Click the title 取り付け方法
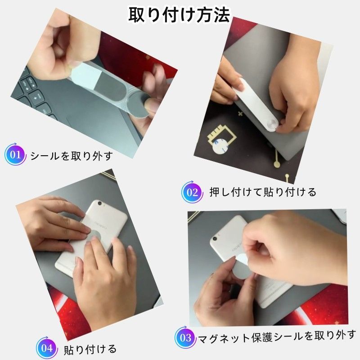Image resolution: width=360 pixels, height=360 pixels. (179, 15)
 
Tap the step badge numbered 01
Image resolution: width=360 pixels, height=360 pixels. (15, 154)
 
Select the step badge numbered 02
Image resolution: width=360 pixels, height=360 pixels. (192, 192)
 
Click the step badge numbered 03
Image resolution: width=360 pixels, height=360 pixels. (185, 338)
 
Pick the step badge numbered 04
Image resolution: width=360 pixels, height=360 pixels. (47, 348)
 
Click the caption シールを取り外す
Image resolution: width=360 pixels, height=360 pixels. (72, 156)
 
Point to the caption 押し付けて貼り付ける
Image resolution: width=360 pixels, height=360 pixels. (263, 192)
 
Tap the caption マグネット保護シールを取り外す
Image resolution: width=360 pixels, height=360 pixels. (277, 337)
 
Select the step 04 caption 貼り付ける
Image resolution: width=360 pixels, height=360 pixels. (90, 349)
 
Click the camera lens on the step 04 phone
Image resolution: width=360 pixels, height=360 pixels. (99, 203)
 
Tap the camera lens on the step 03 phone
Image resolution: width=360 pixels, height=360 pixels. (215, 239)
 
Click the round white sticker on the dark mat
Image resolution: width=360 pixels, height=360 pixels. (220, 147)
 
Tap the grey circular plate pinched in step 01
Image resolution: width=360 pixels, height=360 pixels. (139, 104)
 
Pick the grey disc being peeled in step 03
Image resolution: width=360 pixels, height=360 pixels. (241, 269)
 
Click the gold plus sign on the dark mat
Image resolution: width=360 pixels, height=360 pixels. (240, 113)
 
